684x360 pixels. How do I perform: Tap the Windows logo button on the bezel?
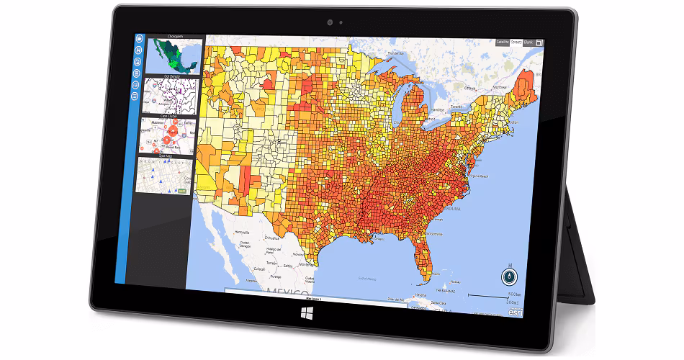coord(307,314)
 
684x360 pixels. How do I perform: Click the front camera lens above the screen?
coord(330,22)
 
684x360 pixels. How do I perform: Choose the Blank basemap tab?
coord(528,42)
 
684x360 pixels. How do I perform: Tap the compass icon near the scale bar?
coord(509,276)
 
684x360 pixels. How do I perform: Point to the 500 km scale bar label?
coord(513,294)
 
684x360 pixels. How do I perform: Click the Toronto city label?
coord(457,106)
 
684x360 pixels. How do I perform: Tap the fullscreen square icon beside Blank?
coord(539,42)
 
